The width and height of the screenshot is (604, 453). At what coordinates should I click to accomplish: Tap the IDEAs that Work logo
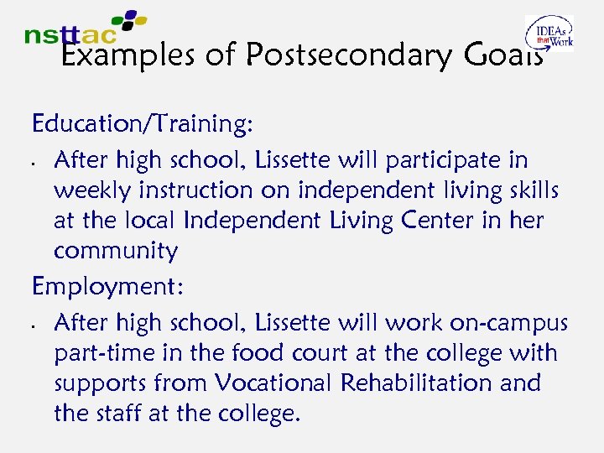pyautogui.click(x=549, y=34)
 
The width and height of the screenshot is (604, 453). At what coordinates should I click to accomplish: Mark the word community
pyautogui.click(x=116, y=252)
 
